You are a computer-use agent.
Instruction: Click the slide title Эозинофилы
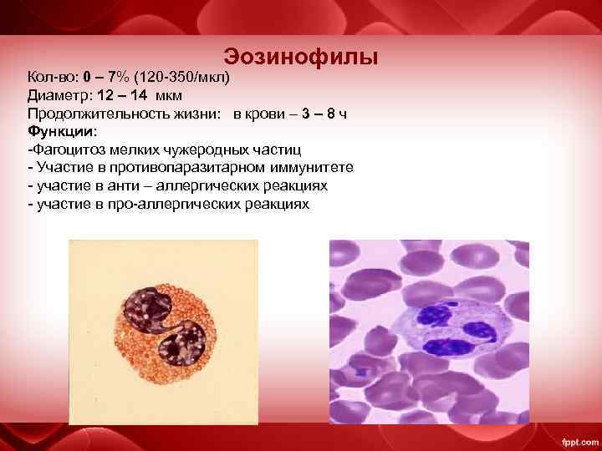click(x=301, y=57)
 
